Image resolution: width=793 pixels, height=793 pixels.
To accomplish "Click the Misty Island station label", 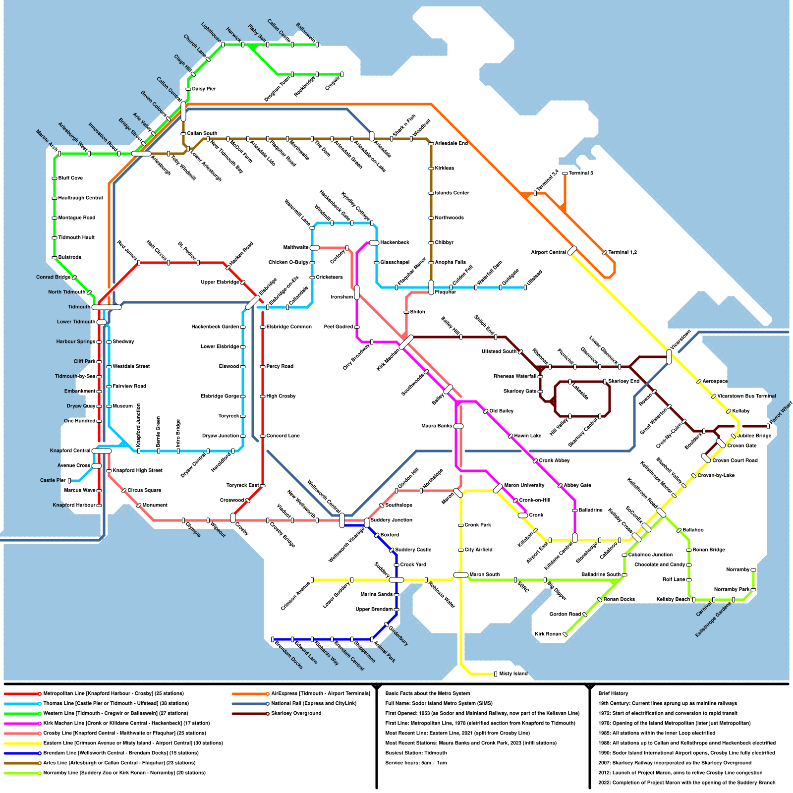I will [513, 674].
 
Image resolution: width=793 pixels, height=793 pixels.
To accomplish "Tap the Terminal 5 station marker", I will [565, 173].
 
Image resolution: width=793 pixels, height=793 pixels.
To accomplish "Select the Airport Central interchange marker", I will [572, 251].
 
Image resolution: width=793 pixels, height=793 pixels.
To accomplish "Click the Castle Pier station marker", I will [69, 481].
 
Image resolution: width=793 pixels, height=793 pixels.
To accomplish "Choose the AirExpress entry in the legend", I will [320, 694].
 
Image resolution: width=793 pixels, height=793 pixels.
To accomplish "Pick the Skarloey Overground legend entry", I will [296, 714].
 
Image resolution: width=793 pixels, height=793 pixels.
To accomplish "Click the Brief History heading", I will [613, 694].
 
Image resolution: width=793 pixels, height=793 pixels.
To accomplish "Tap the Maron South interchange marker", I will [461, 575].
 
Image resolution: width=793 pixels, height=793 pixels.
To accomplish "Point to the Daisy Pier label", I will [204, 89].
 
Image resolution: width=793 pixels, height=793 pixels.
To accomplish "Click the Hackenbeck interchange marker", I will [374, 243].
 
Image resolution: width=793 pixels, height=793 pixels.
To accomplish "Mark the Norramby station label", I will [738, 570].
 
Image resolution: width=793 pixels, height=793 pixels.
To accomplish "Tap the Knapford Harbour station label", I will [74, 506].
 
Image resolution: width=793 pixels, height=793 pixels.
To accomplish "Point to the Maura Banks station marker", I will [458, 426].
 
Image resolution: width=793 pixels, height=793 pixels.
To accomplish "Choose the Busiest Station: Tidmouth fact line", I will [416, 753].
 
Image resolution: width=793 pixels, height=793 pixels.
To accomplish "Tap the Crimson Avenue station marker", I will [312, 580].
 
